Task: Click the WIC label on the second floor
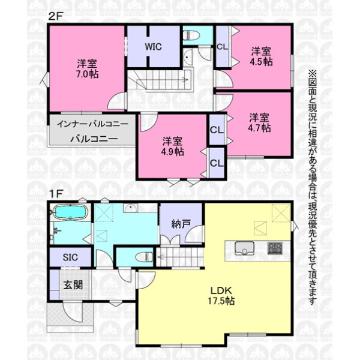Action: coord(153,47)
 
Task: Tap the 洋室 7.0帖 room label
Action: coord(88,68)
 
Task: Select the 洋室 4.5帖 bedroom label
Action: coord(261,56)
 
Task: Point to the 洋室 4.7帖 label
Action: coord(259,122)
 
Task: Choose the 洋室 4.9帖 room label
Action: coord(173,146)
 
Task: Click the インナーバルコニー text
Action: coord(92,124)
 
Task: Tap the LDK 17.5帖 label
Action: coord(221,295)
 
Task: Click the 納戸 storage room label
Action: coord(181,224)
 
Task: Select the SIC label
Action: coord(70,257)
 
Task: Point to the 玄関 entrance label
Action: coord(73,285)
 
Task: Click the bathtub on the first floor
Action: coord(70,211)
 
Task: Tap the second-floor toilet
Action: coord(191,35)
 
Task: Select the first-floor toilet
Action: coord(144,257)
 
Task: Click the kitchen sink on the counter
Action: coord(244,248)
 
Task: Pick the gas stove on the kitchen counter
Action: coord(275,248)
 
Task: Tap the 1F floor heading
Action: coord(55,194)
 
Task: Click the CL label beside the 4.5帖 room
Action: coord(223,47)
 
